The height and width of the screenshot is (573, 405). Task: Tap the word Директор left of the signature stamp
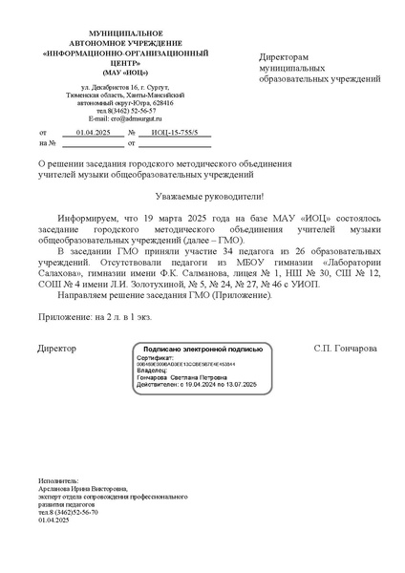point(57,349)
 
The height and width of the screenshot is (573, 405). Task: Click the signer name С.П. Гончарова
point(345,349)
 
